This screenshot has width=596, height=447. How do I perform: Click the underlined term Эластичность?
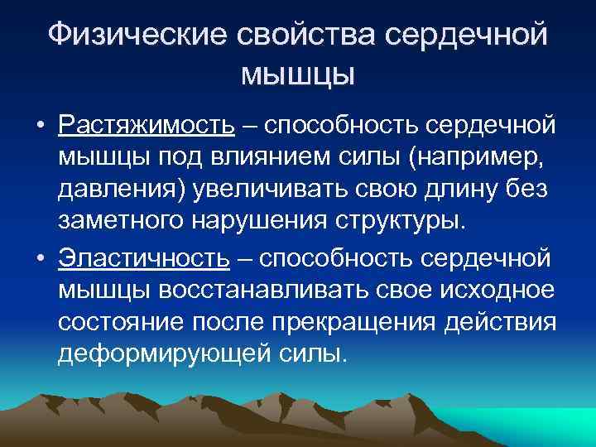[143, 257]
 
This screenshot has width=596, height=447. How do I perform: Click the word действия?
[510, 322]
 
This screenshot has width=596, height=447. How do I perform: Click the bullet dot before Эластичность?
[39, 258]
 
